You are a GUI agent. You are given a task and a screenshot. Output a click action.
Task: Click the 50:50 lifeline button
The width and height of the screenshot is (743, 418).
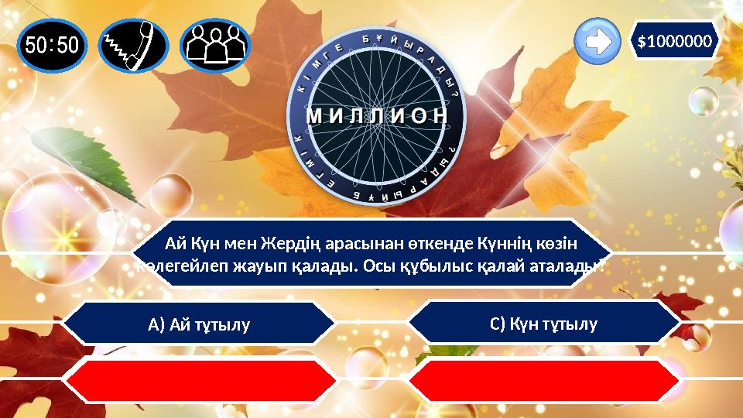(51, 44)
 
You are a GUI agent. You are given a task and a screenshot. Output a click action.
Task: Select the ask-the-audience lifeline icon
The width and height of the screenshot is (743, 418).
(215, 44)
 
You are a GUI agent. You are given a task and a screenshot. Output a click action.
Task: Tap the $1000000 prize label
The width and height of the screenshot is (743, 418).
(675, 40)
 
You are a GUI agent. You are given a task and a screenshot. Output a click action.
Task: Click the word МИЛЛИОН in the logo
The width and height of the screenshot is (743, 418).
(377, 115)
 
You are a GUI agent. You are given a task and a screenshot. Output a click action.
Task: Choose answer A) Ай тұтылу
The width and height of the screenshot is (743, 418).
(199, 324)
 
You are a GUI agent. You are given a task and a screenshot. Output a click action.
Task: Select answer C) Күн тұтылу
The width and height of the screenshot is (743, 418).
(543, 323)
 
